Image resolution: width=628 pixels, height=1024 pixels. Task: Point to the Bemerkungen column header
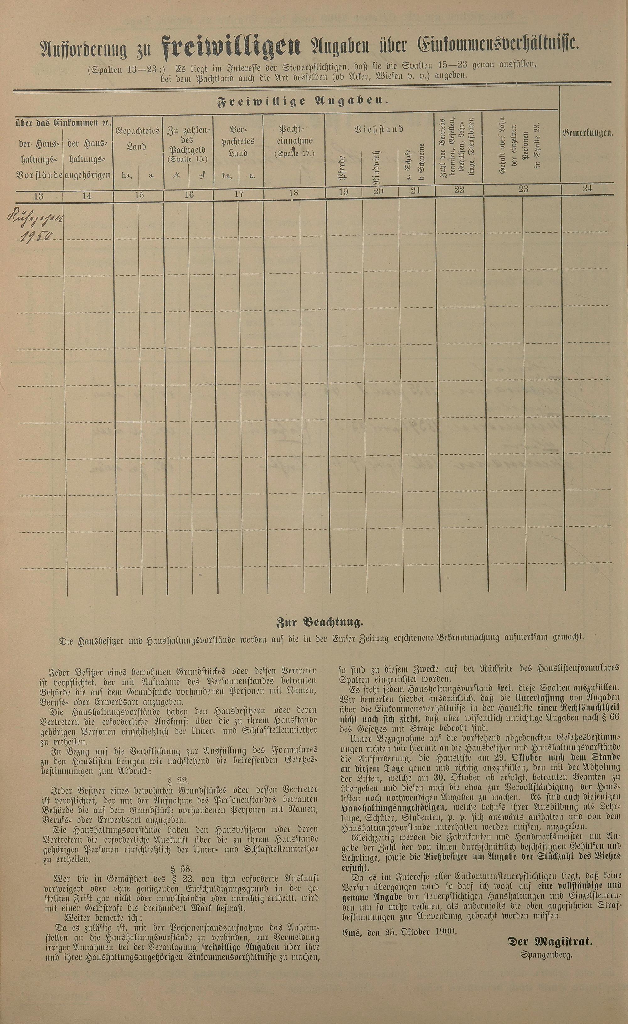tap(588, 133)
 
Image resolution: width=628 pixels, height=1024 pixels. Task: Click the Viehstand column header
tap(379, 129)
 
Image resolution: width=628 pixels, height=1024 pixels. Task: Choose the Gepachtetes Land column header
tap(138, 138)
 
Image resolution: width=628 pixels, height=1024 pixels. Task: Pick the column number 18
tap(294, 192)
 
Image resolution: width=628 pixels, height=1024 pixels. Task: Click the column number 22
tap(458, 190)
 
